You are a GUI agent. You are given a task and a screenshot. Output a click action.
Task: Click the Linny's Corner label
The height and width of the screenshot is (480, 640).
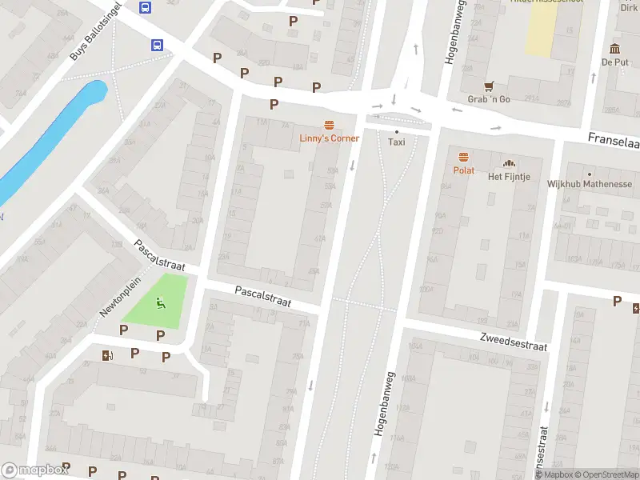[x=329, y=138]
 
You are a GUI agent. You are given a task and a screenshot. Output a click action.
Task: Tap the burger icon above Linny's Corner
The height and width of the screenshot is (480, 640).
[x=329, y=125]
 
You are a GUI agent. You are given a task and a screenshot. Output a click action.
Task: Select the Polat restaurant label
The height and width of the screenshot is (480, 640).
[x=463, y=170]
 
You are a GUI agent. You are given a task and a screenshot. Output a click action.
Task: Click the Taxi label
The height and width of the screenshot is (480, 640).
[x=396, y=142]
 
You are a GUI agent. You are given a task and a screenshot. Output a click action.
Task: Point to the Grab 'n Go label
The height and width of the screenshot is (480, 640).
[x=488, y=99]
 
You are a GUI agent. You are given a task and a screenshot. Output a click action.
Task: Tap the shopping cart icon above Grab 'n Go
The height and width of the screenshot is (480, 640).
[x=488, y=86]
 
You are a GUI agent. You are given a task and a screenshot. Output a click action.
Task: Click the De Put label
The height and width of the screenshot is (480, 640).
[x=614, y=62]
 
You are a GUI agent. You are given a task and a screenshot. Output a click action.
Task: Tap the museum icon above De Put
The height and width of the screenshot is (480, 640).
[x=614, y=49]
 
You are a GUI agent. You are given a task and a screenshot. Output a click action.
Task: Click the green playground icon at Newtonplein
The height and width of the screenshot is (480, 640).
[x=161, y=302]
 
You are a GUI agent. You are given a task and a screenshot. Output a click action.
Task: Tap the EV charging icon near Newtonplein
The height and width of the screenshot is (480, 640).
[x=107, y=355]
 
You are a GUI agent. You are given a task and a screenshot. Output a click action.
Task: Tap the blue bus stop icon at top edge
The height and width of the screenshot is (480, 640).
[x=145, y=7]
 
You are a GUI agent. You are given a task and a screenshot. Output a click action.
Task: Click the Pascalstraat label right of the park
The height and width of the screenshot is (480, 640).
[x=263, y=298]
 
